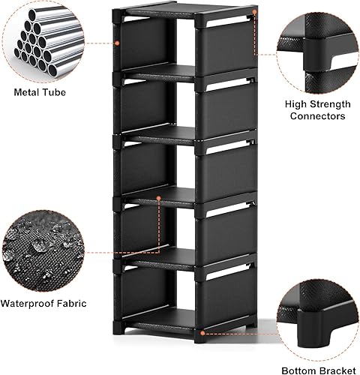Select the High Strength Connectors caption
coord(315,110)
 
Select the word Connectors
coord(315,116)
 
